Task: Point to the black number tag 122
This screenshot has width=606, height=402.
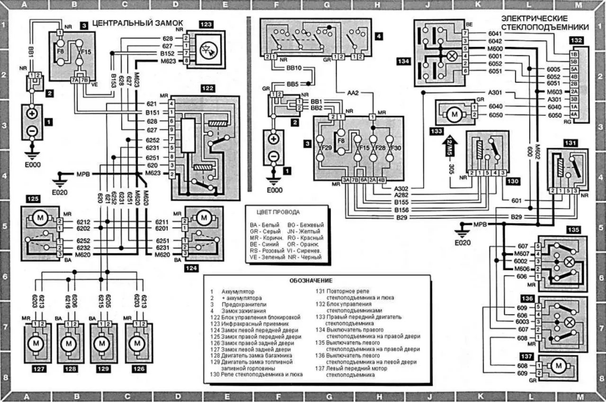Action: [207, 88]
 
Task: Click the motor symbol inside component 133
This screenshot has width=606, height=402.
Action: [454, 114]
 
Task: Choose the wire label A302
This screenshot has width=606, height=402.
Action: [401, 188]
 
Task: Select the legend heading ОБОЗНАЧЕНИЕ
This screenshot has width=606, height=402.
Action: [311, 281]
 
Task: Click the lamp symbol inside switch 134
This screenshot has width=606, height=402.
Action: [452, 55]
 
